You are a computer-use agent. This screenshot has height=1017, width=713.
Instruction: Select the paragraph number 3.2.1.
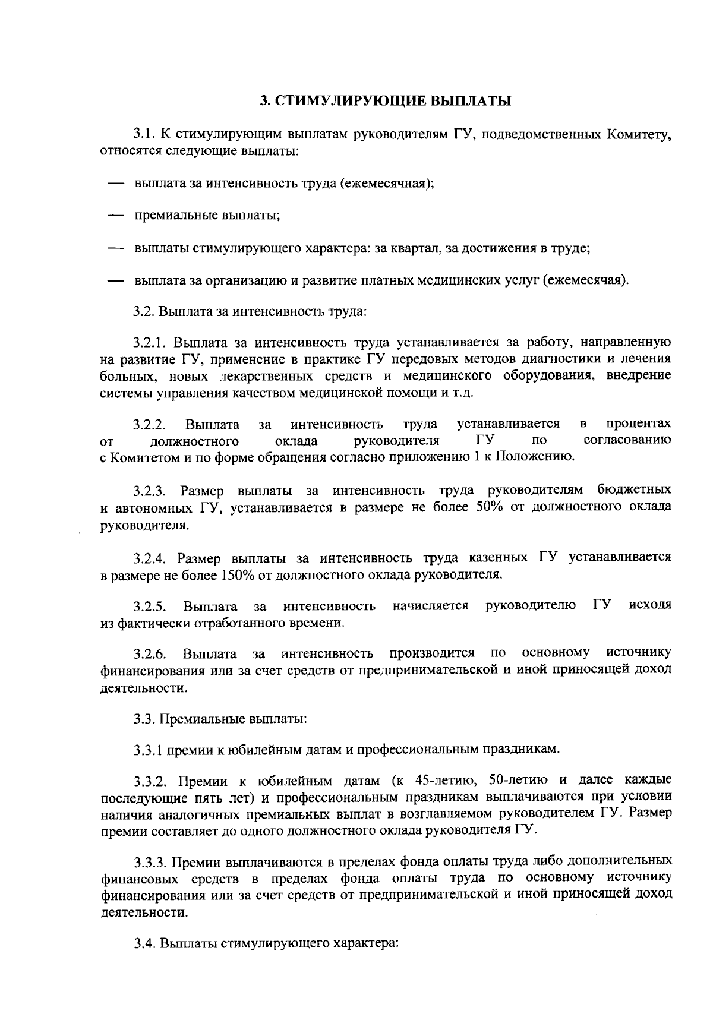(x=152, y=343)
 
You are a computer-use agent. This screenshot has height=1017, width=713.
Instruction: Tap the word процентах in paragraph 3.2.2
(x=639, y=424)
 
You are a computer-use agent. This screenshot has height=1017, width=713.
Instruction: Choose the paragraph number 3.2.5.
(x=150, y=607)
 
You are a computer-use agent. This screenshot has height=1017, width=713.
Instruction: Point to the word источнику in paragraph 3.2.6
(x=639, y=653)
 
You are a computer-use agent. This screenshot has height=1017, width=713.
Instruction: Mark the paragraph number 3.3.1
(x=149, y=750)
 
